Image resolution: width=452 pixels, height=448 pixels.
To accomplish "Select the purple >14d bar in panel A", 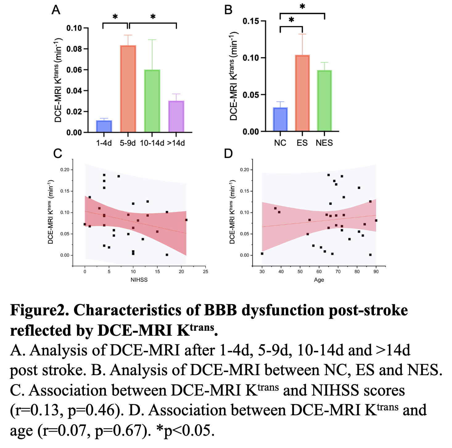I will click(176, 117).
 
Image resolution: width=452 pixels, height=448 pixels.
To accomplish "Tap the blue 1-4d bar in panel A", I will click(104, 126).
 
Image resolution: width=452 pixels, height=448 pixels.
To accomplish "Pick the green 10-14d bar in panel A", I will click(152, 101).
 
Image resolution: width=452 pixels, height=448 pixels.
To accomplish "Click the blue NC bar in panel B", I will click(280, 119).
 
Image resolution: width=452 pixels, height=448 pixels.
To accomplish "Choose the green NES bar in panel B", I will click(324, 101).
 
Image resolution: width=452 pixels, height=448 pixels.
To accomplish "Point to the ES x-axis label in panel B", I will click(302, 143).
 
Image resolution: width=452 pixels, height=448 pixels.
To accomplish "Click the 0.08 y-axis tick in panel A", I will click(74, 49).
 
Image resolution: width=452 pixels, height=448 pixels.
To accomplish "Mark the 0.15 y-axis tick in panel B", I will click(250, 21).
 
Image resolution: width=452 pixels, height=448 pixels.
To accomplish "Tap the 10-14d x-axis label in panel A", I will click(152, 143).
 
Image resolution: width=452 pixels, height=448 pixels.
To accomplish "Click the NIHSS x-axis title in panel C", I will click(139, 280).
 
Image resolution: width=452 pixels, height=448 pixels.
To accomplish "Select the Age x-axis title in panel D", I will click(319, 280).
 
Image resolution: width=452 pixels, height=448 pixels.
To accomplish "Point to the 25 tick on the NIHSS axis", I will click(206, 272).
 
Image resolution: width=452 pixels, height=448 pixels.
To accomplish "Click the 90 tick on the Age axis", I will click(376, 272).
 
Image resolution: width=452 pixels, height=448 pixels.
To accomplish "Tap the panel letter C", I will click(58, 153).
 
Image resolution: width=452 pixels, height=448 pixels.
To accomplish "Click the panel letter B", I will click(228, 10).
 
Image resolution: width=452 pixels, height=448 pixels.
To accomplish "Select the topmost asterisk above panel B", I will click(302, 6).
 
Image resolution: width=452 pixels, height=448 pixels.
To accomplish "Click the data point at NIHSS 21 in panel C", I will click(186, 220).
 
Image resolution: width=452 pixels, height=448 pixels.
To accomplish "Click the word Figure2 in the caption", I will click(39, 310).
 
